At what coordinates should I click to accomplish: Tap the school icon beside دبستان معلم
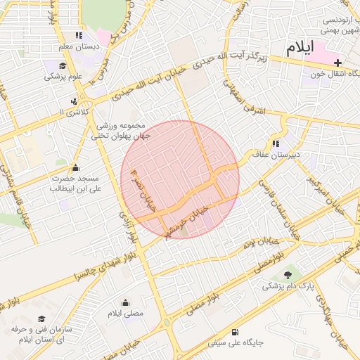(79, 35)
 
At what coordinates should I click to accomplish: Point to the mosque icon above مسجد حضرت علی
(76, 167)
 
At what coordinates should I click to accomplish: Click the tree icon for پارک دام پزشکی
(287, 274)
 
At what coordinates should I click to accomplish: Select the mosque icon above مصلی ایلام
(126, 302)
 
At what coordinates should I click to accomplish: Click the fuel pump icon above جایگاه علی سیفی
(234, 333)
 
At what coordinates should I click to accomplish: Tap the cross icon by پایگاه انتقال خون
(337, 63)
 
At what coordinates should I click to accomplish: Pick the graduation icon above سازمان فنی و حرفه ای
(41, 319)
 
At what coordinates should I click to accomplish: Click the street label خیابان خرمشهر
(184, 220)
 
